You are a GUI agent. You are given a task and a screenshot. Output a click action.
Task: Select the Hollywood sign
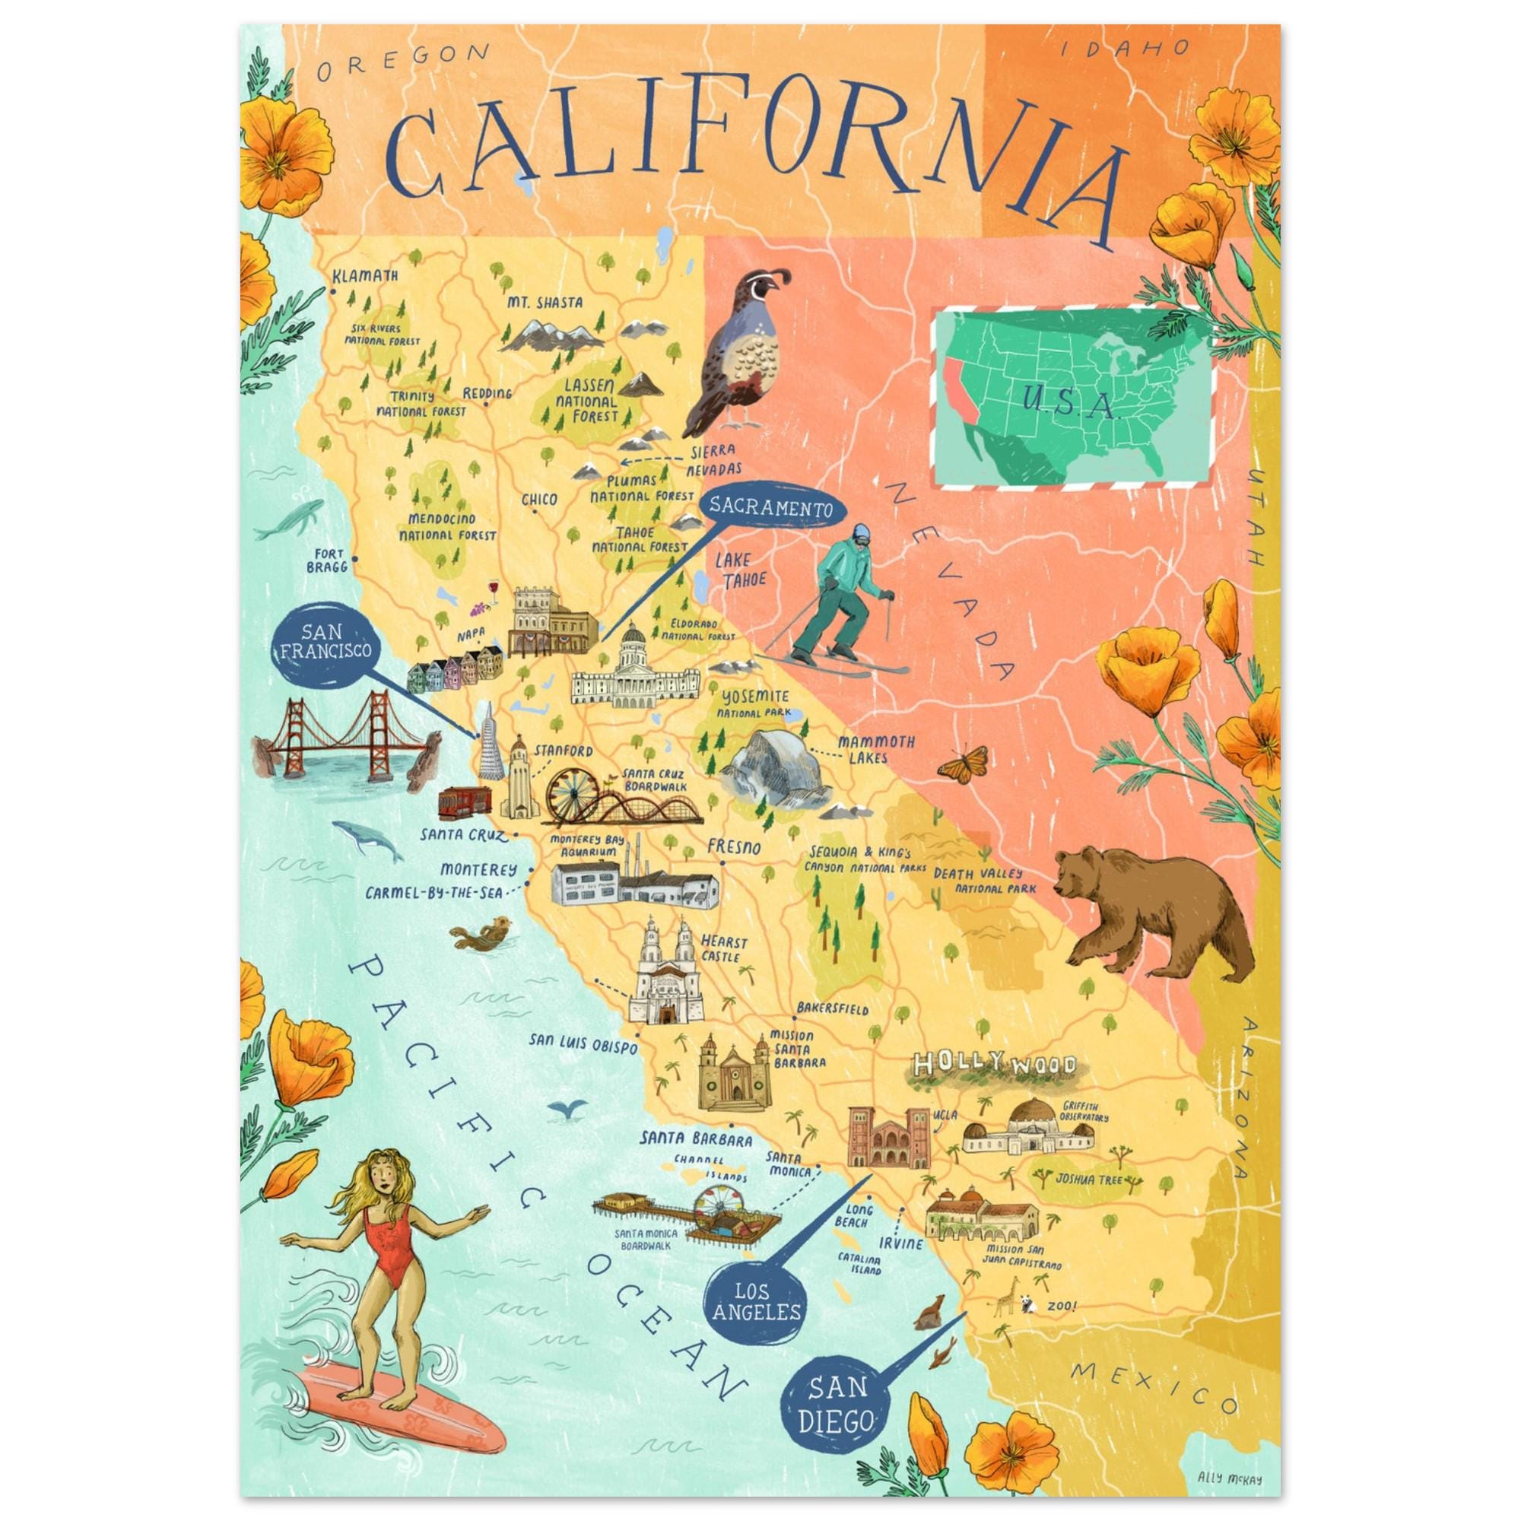click(x=993, y=1068)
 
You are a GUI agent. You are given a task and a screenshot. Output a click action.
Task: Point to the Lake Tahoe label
click(x=732, y=570)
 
